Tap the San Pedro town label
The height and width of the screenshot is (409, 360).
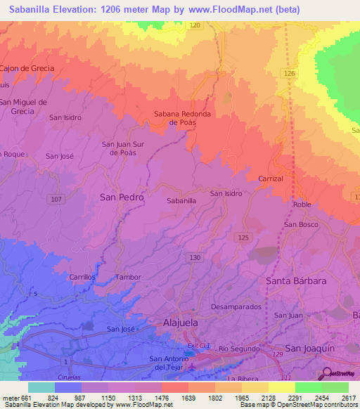tap(122, 197)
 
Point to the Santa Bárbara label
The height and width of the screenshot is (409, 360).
tap(296, 280)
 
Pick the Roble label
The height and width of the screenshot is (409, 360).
tap(302, 204)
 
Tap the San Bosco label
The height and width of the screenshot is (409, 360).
tap(301, 224)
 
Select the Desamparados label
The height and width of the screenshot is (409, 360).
tap(236, 307)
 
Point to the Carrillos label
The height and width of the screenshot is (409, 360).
tap(82, 277)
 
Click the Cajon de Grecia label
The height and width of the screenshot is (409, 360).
tap(27, 68)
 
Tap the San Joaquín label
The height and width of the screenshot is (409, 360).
tap(312, 348)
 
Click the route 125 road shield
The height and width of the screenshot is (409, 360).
tap(243, 238)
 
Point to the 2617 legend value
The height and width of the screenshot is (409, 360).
tap(347, 398)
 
